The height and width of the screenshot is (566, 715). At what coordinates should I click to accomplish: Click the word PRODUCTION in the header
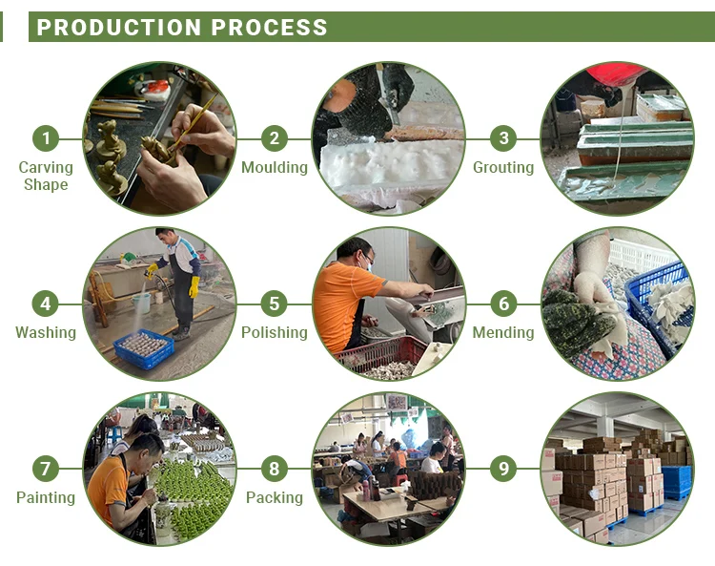point(120,28)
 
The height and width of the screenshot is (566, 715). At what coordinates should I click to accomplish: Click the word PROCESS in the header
point(270,28)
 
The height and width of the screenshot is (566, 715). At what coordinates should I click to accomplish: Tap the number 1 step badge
point(45,138)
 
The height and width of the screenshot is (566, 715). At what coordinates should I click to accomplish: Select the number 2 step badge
point(275,138)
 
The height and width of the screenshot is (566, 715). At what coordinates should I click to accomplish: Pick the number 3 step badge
point(503,138)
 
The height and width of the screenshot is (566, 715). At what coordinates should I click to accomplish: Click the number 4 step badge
point(45,304)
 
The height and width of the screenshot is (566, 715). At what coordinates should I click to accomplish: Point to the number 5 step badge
point(275,304)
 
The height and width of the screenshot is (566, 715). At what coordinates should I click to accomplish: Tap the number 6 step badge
point(503,304)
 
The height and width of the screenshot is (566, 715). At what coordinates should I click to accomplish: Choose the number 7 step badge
point(45,469)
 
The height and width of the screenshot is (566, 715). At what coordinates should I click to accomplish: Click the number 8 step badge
point(275,469)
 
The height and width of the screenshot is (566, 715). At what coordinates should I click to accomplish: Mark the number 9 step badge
point(503,469)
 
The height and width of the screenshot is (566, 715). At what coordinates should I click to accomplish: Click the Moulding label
point(275,168)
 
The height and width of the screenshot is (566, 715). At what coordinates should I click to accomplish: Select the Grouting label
point(503,168)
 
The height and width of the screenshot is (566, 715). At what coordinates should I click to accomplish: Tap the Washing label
point(45,333)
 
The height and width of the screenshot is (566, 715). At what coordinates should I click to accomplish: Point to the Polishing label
point(275,333)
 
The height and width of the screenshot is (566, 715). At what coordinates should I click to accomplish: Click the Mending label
point(503,333)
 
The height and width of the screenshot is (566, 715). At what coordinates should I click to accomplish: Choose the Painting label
point(45,498)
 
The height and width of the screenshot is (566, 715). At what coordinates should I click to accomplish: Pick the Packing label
point(275,498)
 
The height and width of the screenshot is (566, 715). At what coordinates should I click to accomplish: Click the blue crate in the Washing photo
point(144,348)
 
